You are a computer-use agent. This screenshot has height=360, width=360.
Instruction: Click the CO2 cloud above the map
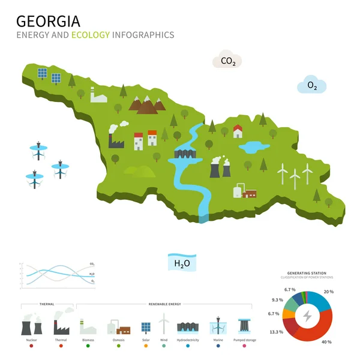(x=228, y=61)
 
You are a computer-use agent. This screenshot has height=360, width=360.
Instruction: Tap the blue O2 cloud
(x=312, y=86)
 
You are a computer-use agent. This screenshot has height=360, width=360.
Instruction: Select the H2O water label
(x=182, y=262)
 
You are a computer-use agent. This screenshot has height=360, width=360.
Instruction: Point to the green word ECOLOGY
(x=91, y=35)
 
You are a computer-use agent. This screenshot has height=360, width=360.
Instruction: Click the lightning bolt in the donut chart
(x=307, y=316)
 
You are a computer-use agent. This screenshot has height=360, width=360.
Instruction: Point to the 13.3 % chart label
(x=277, y=332)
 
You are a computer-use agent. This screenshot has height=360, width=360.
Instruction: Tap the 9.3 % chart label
(x=277, y=300)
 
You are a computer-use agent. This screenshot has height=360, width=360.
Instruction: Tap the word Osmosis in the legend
(x=118, y=340)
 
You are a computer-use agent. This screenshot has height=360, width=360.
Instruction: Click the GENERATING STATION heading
(x=307, y=274)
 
